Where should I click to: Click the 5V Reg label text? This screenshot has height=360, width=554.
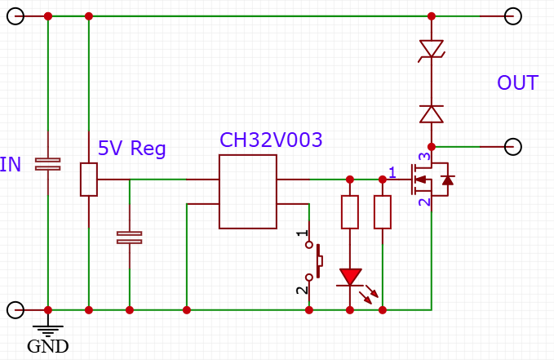pyautogui.click(x=131, y=149)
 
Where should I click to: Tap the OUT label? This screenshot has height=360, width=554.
pyautogui.click(x=517, y=83)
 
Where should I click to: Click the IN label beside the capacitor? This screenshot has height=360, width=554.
pyautogui.click(x=11, y=165)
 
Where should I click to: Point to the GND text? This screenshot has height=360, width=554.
pyautogui.click(x=47, y=346)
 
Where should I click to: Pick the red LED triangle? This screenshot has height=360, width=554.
pyautogui.click(x=350, y=278)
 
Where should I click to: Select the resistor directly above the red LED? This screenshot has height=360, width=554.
pyautogui.click(x=350, y=212)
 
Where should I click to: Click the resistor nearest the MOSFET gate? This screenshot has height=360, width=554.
pyautogui.click(x=382, y=212)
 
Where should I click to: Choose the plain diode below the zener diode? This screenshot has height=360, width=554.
pyautogui.click(x=431, y=113)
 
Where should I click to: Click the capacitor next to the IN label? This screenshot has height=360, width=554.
pyautogui.click(x=48, y=164)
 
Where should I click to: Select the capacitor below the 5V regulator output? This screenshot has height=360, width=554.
pyautogui.click(x=129, y=238)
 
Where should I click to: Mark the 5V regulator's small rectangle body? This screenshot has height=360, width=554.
pyautogui.click(x=88, y=180)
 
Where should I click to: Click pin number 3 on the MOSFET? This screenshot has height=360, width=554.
pyautogui.click(x=423, y=158)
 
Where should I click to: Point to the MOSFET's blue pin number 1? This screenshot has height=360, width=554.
pyautogui.click(x=392, y=171)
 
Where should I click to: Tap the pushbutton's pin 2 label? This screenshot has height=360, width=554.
pyautogui.click(x=302, y=289)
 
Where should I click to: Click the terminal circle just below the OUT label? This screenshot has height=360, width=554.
pyautogui.click(x=512, y=147)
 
